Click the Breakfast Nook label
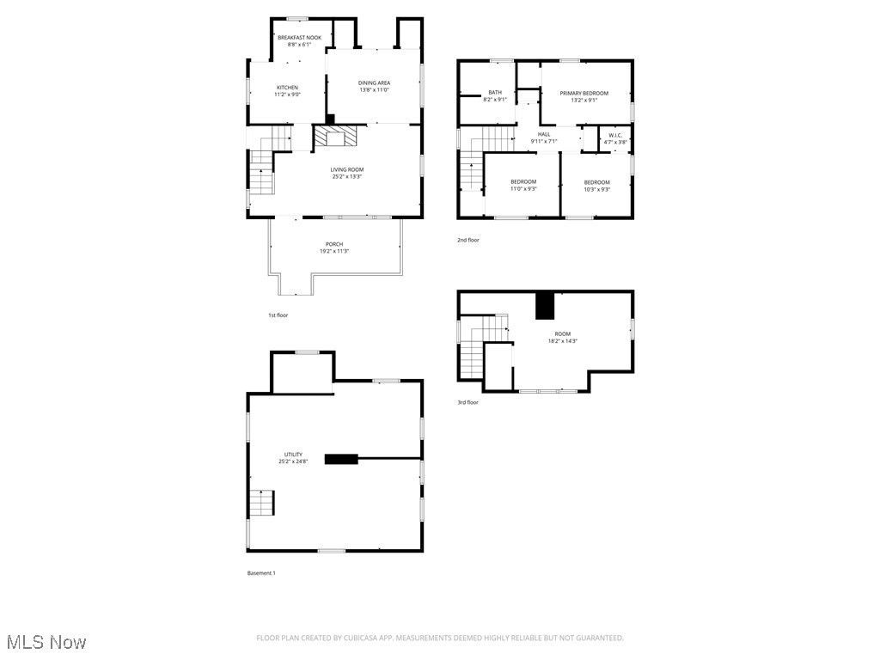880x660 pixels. coord(299,38)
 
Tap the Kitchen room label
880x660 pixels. coord(287,88)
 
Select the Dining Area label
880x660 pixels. coord(374,83)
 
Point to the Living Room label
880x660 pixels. coord(347,170)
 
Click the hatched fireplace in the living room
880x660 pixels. coord(333,137)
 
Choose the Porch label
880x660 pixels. coord(334,245)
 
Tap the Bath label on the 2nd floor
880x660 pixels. coord(495,93)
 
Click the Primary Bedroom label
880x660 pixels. coord(584,93)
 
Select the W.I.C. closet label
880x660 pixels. coord(615,136)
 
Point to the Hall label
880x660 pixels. coord(544,134)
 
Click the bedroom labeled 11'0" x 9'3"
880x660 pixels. coord(523,182)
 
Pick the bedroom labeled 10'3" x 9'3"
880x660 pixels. coord(596,182)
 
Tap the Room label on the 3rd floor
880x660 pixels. coord(562,334)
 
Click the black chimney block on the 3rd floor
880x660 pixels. coord(545,305)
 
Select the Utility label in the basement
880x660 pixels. coord(293,455)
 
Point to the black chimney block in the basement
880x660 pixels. coord(341,459)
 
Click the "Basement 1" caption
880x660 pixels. coord(261,573)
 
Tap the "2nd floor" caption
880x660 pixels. coord(468,241)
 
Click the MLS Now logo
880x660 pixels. coord(46,642)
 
